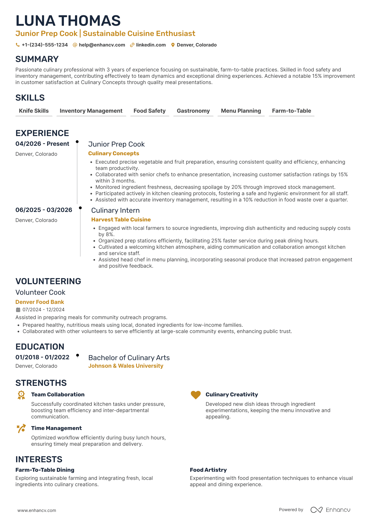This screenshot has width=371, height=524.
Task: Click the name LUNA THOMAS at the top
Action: coord(68,21)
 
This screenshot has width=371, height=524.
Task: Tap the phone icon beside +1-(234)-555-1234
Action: coord(18,45)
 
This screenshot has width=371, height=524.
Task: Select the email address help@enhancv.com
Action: coord(102,45)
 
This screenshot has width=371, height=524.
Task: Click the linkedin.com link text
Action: coord(151,45)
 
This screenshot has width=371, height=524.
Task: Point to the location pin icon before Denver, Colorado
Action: coord(173,45)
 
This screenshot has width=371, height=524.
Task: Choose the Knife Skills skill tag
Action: coord(34,111)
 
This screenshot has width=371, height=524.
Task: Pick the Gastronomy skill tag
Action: coord(193,111)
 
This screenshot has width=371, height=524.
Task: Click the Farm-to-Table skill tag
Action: coord(291,111)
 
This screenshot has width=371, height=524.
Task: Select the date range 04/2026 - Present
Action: coord(42,144)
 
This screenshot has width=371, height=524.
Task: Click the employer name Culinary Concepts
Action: coord(113,153)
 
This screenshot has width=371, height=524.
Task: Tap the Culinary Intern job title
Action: coord(115,210)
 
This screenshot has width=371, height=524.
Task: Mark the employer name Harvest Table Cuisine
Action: coord(121,220)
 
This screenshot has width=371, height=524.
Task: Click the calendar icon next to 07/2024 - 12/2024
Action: coord(18,310)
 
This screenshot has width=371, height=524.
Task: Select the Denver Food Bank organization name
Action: coord(40,302)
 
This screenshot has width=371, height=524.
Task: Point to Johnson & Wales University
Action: coord(126,366)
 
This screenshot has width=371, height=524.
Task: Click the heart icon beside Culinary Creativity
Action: coord(195,395)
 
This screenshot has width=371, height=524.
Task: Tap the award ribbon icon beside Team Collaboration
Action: coord(21,395)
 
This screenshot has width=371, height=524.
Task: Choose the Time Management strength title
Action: coord(56,428)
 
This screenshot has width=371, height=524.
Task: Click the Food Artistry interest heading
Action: coord(208,470)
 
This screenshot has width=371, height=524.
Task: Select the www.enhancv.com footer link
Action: coord(37,510)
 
